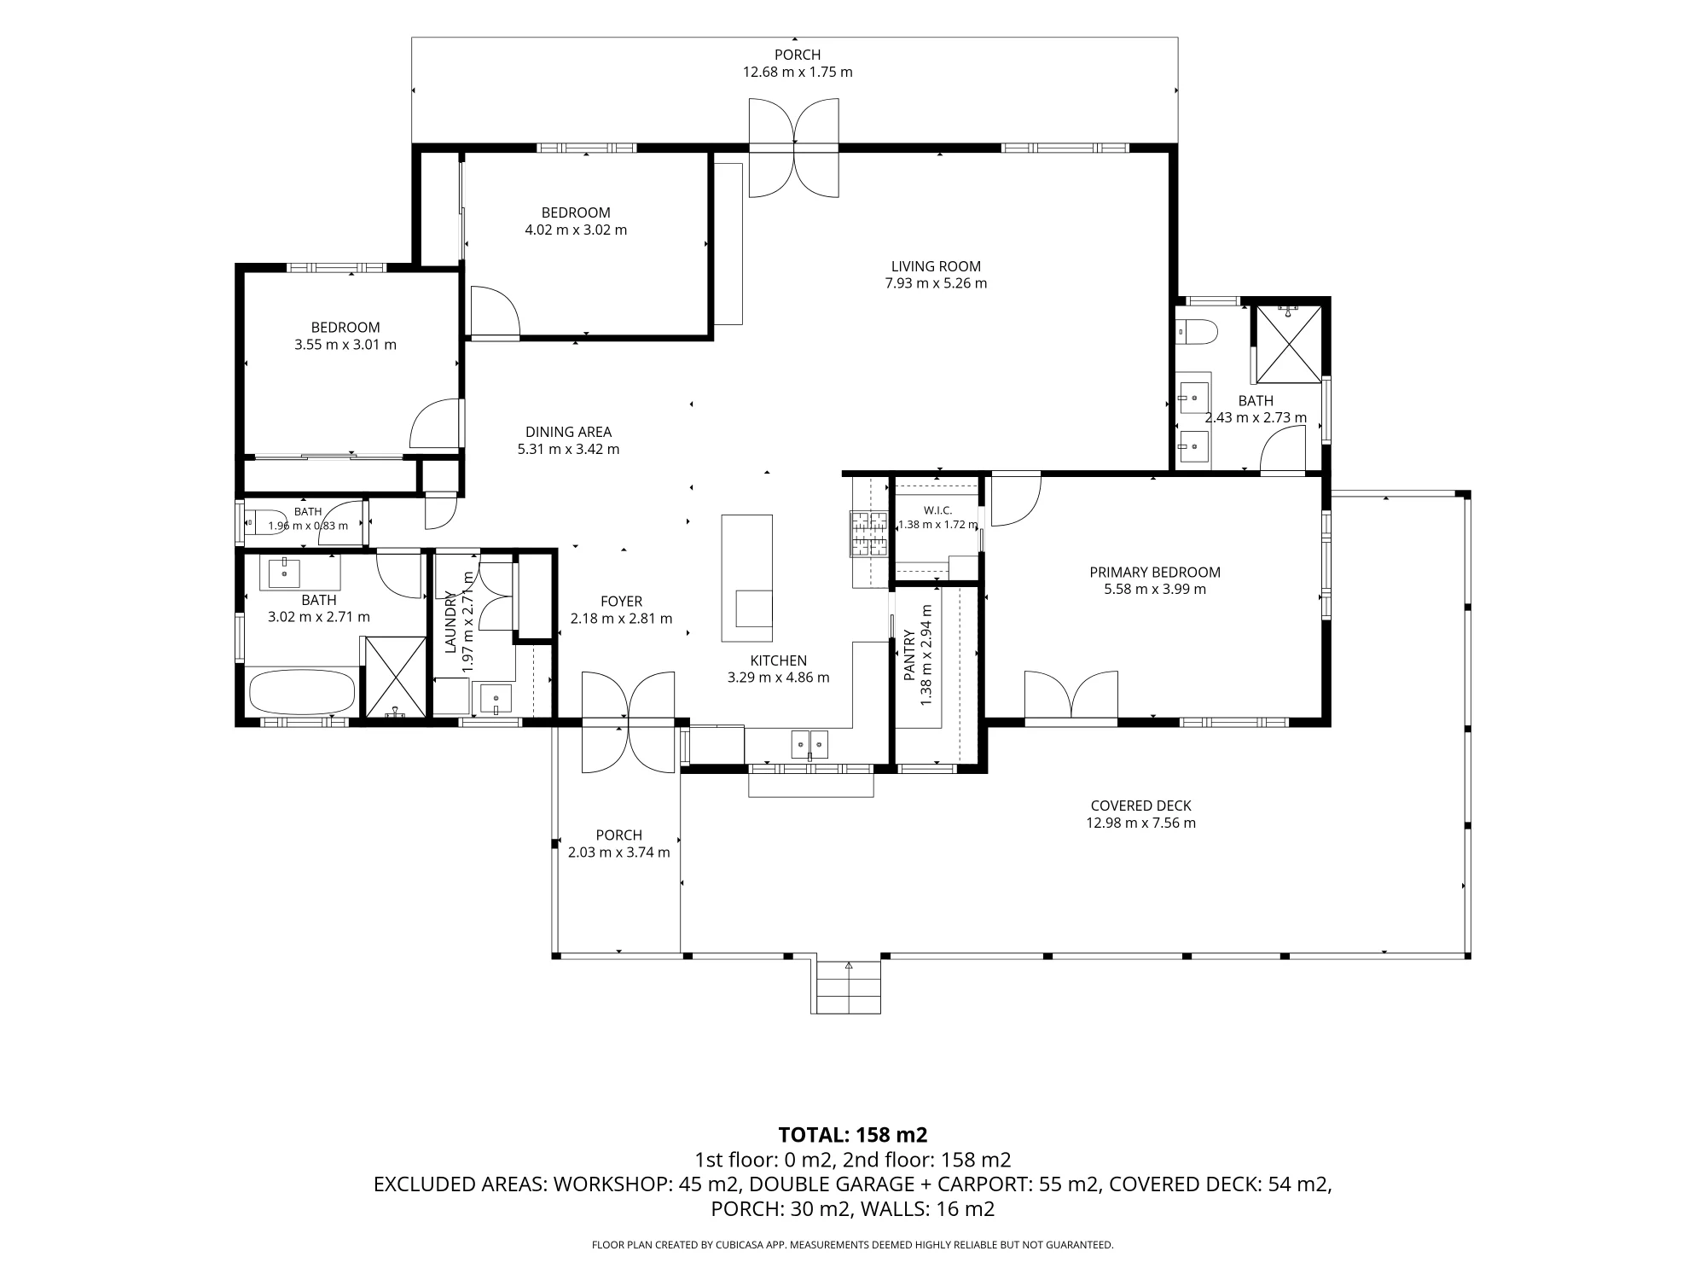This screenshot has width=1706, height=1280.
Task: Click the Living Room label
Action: [x=936, y=266]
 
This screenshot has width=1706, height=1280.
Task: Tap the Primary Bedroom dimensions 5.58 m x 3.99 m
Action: [x=1155, y=590]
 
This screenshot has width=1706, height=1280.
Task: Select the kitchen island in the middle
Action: [x=747, y=578]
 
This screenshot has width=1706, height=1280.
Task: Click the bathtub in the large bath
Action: [x=301, y=692]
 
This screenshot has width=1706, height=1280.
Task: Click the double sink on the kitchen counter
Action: [x=809, y=744]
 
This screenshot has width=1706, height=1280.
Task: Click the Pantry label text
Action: [x=909, y=655]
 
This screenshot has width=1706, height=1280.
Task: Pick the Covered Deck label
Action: [x=1140, y=806]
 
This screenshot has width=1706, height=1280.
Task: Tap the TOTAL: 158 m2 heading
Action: [x=853, y=1135]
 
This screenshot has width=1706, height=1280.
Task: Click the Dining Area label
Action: [x=568, y=432]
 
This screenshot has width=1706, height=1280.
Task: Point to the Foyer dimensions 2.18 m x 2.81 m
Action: [x=621, y=619]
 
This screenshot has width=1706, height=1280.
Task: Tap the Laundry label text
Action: [x=450, y=622]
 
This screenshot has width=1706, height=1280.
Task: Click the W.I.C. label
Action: [x=937, y=510]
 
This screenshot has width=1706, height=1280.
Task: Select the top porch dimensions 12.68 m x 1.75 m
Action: [x=798, y=73]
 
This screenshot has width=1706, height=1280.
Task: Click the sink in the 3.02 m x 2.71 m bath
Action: [x=284, y=573]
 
